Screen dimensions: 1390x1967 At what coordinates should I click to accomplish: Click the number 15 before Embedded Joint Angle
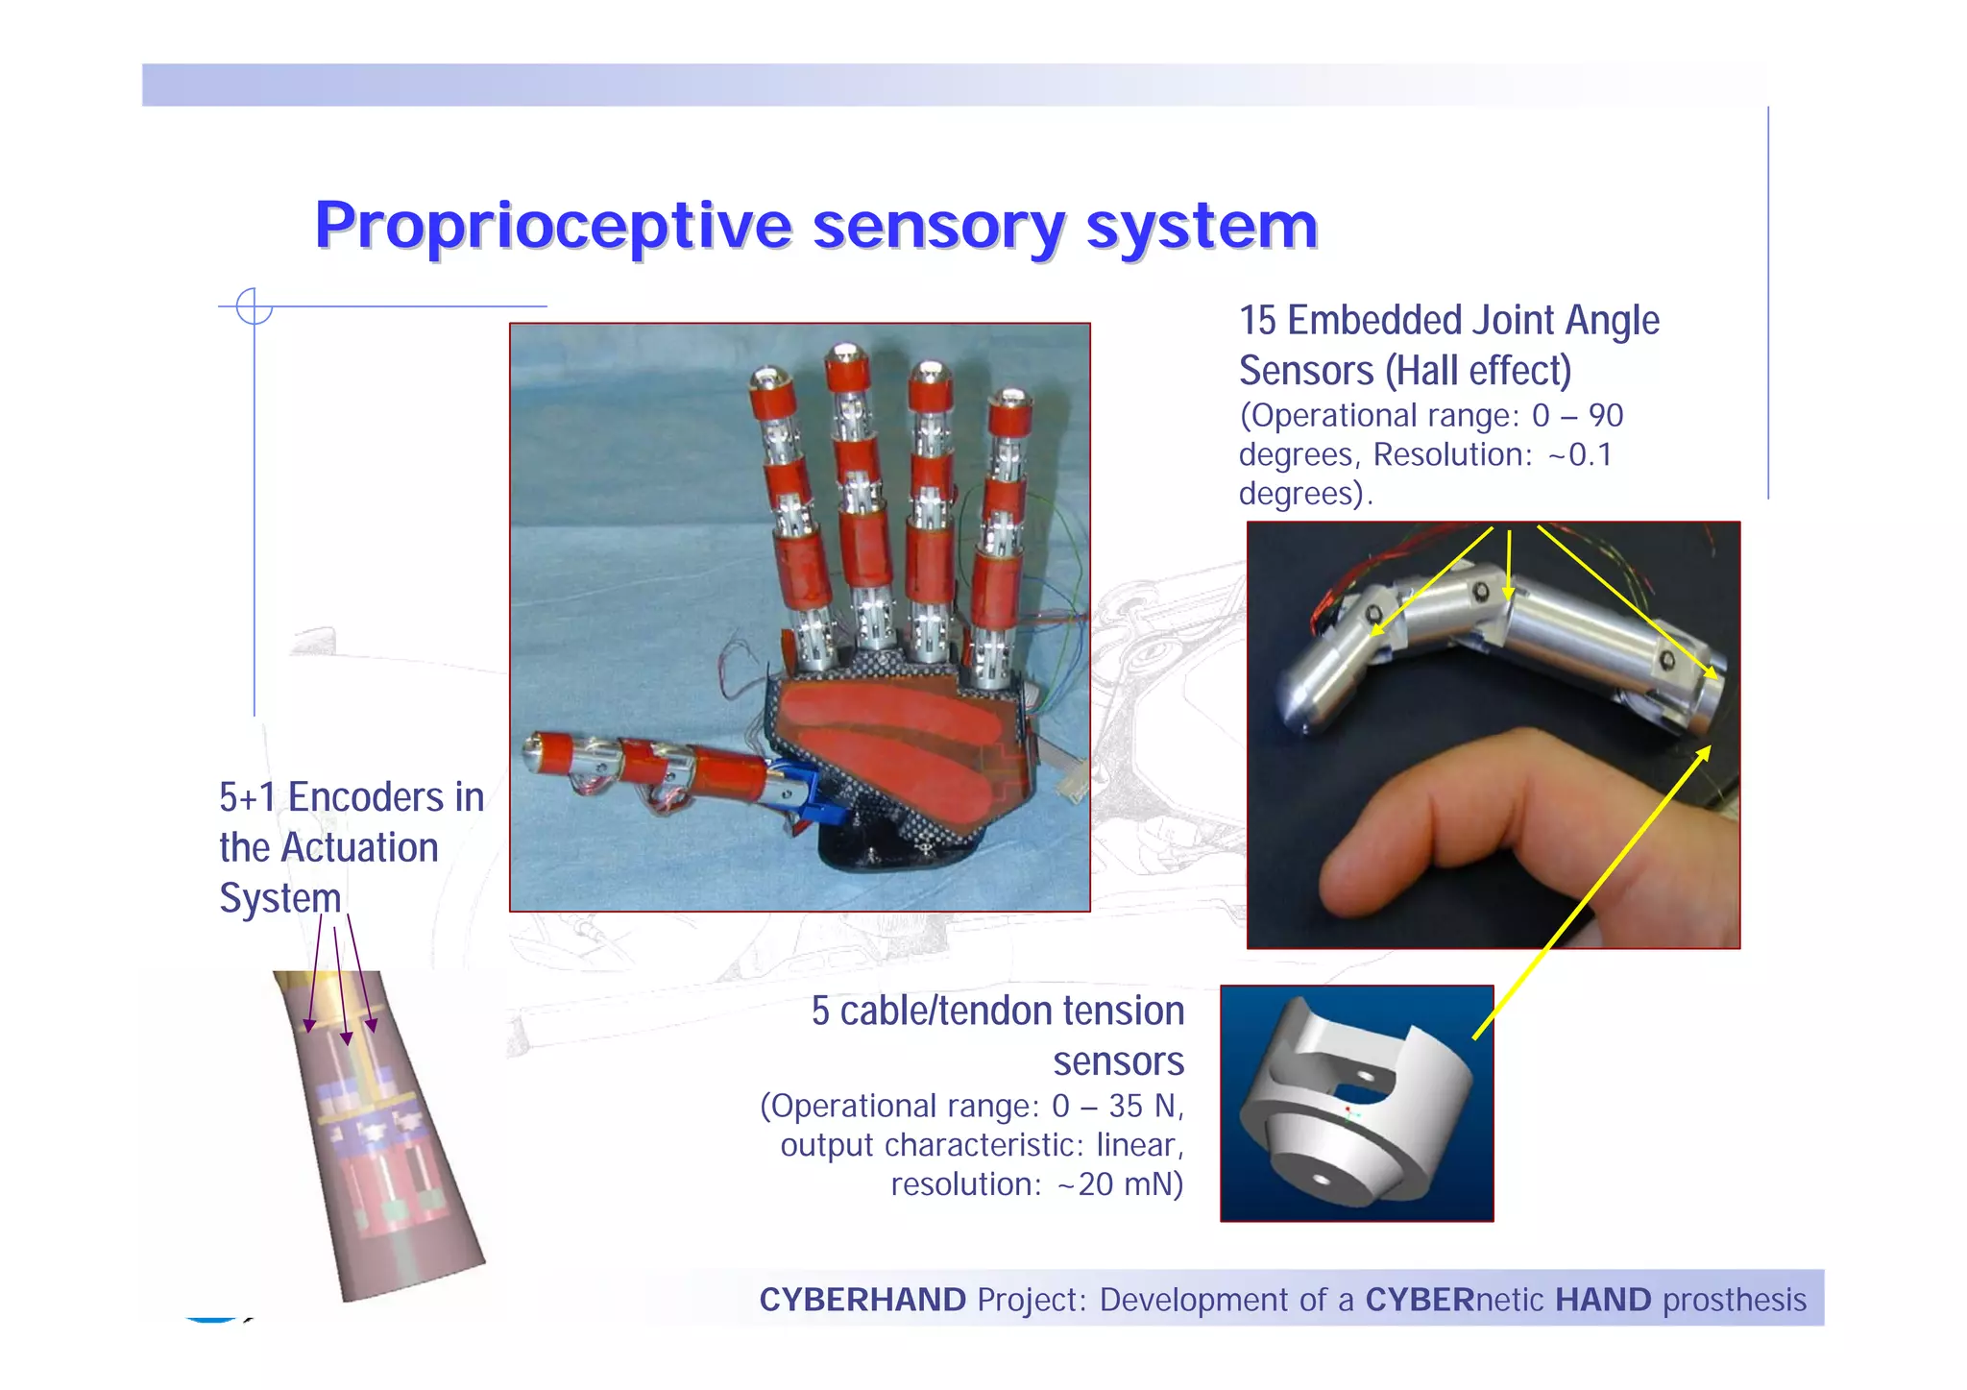coord(1257,321)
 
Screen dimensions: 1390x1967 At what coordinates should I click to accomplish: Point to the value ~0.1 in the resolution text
coord(1580,455)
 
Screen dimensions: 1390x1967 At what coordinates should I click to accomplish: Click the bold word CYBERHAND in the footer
coord(862,1301)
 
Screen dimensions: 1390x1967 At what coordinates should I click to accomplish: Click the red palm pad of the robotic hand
coord(893,749)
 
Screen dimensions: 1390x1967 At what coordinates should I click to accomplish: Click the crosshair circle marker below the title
coord(255,306)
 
